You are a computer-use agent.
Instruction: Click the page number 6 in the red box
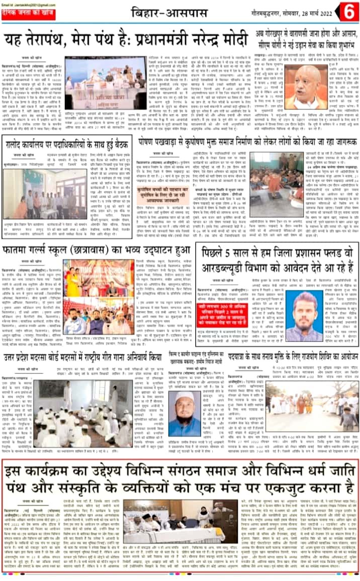348,11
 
